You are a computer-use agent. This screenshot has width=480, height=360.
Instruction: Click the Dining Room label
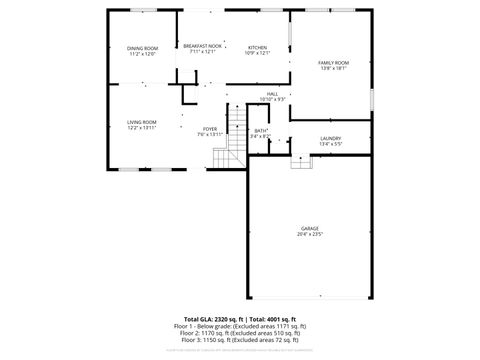[x=142, y=48]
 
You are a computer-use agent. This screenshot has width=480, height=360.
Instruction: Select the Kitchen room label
[x=258, y=47]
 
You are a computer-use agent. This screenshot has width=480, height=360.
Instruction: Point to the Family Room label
[x=333, y=63]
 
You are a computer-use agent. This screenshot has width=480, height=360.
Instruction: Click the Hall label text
[x=272, y=94]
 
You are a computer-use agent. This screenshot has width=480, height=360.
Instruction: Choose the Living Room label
[x=141, y=121]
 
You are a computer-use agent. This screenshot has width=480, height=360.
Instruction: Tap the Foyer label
[x=210, y=129]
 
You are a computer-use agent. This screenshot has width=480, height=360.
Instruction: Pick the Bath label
[x=260, y=130]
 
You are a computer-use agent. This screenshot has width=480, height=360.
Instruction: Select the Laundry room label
[x=331, y=138]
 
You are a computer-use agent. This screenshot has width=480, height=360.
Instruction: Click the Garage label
[x=310, y=229]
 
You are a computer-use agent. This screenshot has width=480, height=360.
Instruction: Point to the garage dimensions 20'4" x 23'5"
[x=310, y=235]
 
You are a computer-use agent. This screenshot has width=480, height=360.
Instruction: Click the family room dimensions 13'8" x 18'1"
[x=333, y=69]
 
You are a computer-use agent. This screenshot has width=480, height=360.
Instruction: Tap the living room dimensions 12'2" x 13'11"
[x=141, y=127]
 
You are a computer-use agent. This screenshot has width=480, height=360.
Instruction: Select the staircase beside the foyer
[x=235, y=139]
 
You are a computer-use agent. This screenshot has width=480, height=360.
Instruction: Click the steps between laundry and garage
[x=301, y=161]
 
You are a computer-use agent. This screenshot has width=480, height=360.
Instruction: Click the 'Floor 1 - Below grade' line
[x=239, y=326]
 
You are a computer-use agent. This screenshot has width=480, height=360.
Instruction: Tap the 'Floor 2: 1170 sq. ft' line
[x=239, y=333]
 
